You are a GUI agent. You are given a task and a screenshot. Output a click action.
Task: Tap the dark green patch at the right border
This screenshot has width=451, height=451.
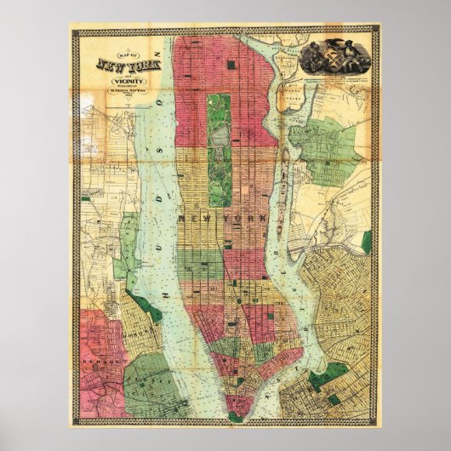point(367,243)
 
